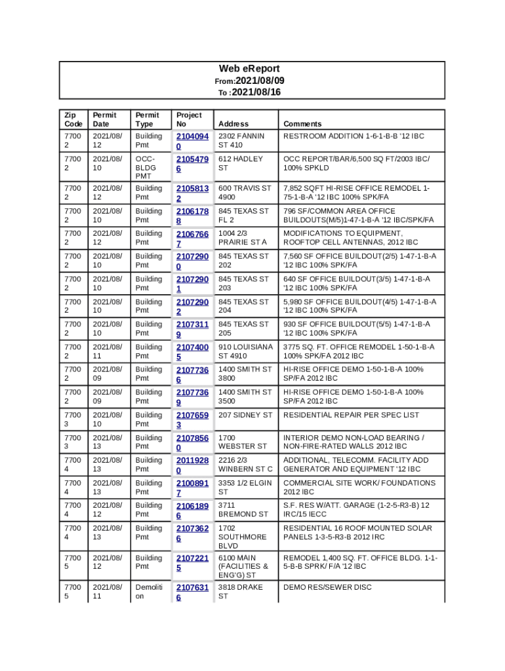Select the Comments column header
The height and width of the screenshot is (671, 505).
(x=302, y=124)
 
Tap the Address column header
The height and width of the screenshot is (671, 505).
(x=233, y=124)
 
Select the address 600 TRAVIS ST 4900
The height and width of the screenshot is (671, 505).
(x=244, y=193)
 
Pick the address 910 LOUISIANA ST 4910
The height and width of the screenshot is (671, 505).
(x=245, y=351)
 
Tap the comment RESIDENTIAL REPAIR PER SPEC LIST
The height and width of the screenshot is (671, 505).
(x=351, y=415)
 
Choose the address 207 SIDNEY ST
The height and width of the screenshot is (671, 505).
(x=245, y=415)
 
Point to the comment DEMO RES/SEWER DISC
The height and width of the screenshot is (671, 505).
(x=327, y=587)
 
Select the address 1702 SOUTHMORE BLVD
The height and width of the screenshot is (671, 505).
(x=243, y=537)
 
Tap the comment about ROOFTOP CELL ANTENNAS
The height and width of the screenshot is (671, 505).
(x=350, y=242)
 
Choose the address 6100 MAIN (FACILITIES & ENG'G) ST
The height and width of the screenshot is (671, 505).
(x=243, y=566)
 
